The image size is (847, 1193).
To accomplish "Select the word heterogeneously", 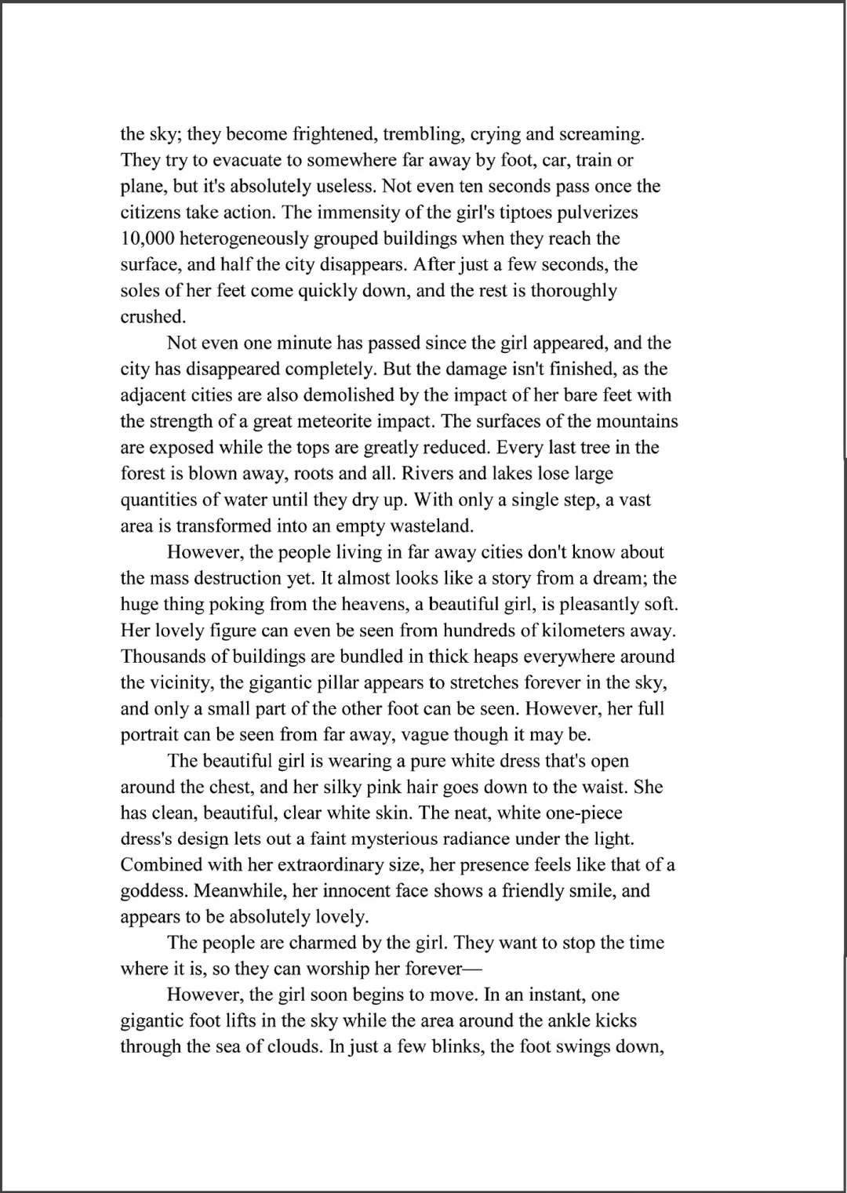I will tap(251, 238).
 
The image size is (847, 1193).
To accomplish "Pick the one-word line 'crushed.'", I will tap(151, 317).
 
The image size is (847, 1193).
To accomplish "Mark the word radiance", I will tap(472, 839).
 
